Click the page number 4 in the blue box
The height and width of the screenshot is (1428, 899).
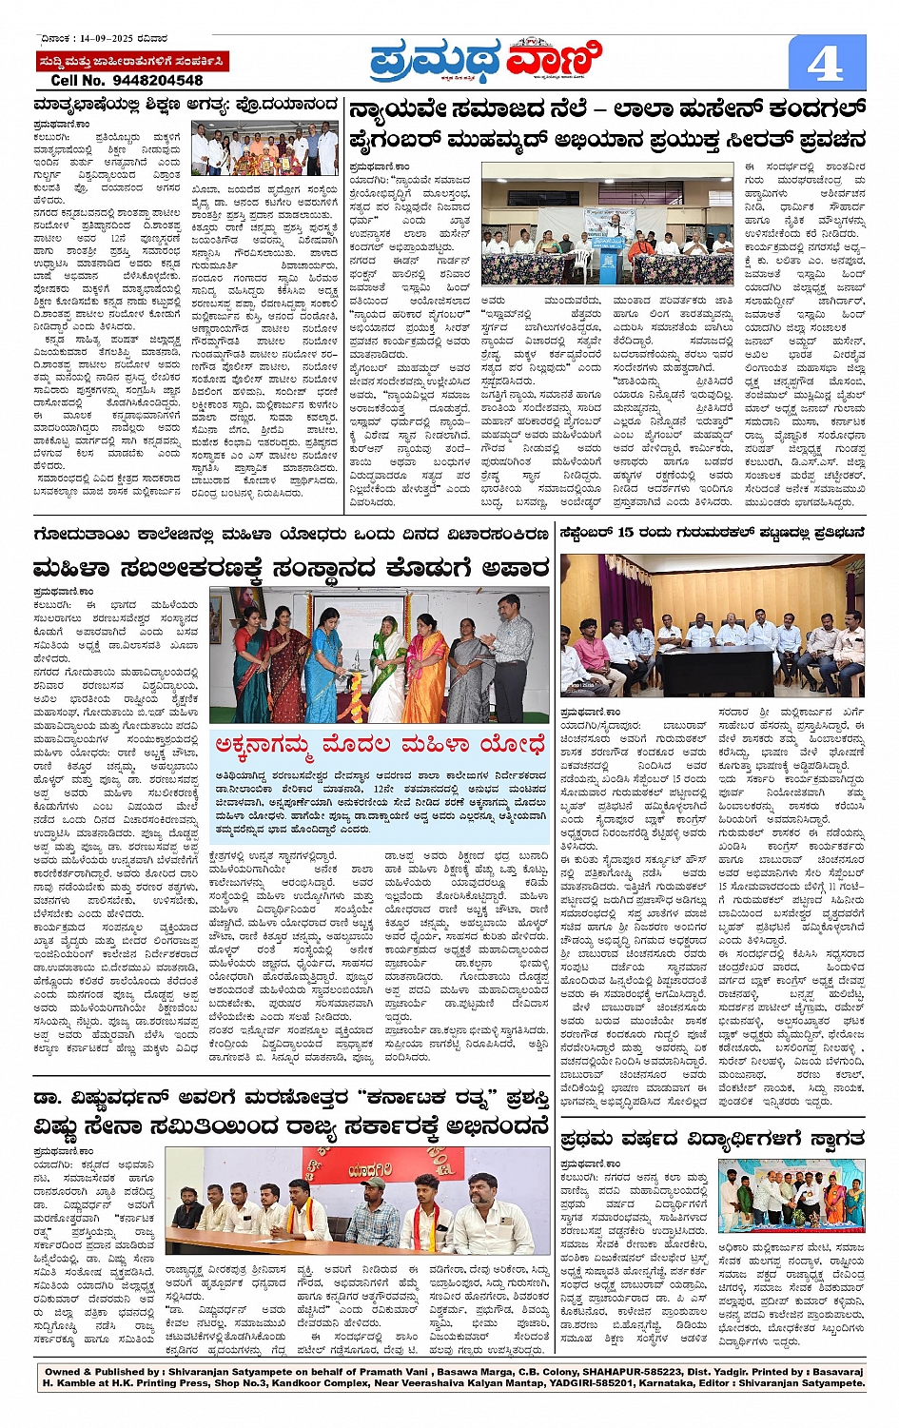point(824,64)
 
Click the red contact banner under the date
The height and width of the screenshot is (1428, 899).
point(131,62)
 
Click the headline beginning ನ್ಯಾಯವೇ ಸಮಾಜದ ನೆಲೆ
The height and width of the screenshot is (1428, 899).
point(607,109)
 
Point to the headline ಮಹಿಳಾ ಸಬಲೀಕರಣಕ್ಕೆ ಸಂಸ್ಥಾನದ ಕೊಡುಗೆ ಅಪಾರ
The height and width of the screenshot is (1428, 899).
point(290,569)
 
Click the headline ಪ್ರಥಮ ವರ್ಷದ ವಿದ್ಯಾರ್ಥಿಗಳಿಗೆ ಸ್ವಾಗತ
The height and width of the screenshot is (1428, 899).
point(712,1139)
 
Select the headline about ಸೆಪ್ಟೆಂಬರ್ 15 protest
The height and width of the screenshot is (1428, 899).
point(712,533)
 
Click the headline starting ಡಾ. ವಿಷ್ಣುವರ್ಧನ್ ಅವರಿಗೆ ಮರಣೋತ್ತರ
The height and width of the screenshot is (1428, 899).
point(290,1098)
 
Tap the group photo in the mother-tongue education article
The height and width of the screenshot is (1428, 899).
point(264,147)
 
